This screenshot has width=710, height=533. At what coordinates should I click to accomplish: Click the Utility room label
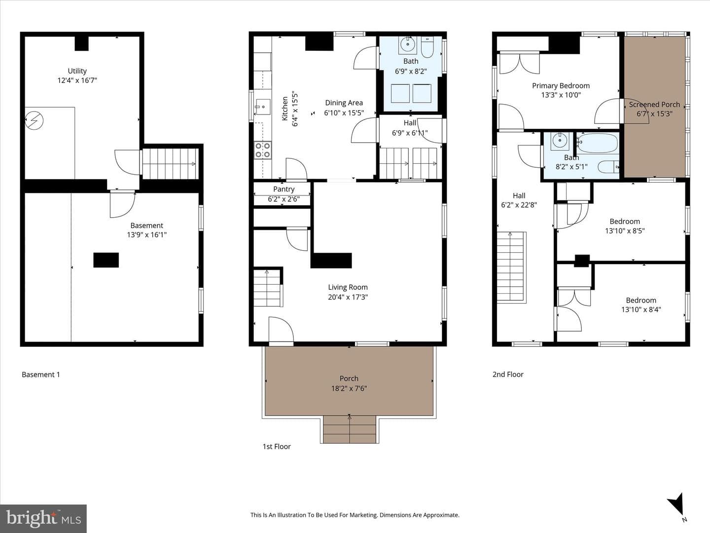point(77,71)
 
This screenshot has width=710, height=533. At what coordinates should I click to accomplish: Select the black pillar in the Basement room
point(106,260)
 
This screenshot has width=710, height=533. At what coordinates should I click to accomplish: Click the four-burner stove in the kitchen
point(263,150)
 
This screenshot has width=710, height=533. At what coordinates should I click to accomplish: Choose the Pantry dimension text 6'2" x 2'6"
point(284,199)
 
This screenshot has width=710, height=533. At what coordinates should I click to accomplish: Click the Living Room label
point(348,287)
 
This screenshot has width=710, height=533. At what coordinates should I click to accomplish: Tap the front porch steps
point(350,429)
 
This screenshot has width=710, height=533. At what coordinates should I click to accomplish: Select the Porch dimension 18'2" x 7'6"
point(349,388)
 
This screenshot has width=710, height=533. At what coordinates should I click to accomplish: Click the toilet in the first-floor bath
point(427,47)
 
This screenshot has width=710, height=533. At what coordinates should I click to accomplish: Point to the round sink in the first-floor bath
point(408,44)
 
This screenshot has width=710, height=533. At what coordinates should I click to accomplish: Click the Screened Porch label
point(654,105)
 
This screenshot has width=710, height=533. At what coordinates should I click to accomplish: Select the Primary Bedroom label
point(561,86)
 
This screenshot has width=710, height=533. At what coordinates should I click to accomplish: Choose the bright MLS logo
point(43,518)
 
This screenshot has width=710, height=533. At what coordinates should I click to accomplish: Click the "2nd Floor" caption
point(508,375)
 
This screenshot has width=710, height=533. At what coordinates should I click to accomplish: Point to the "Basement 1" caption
point(41,375)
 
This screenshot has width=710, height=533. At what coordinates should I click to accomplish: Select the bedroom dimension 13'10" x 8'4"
point(641,309)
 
